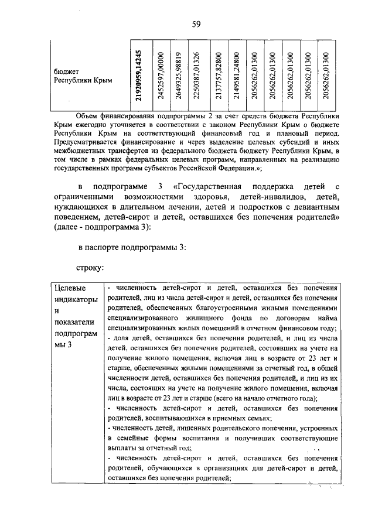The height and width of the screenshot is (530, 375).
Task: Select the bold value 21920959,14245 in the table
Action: (x=138, y=75)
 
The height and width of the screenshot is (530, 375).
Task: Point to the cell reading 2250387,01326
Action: (x=197, y=75)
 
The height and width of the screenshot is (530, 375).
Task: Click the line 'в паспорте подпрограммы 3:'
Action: (x=132, y=248)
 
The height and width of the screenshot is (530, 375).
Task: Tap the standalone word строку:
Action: (x=90, y=268)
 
